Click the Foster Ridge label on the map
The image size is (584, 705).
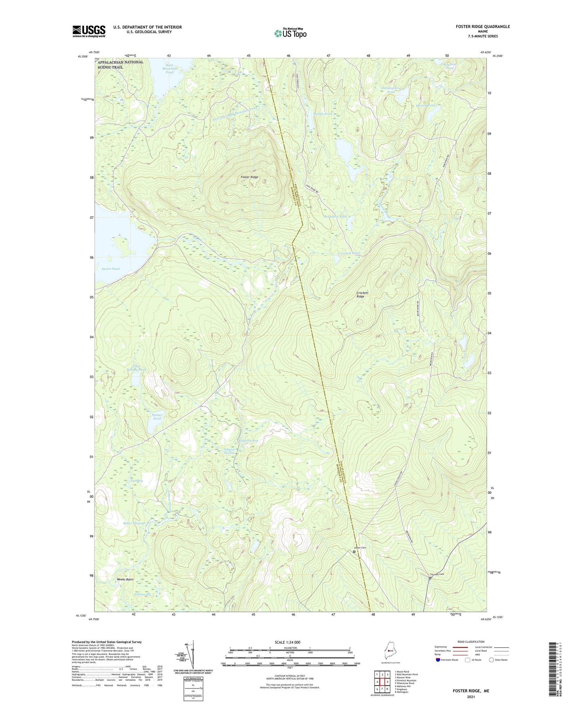[249, 177]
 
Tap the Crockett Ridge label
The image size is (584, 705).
[362, 295]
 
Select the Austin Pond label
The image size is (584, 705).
[110, 269]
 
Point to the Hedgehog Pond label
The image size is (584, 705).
[335, 217]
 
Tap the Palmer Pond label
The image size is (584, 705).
[157, 417]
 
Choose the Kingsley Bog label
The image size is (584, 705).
[248, 441]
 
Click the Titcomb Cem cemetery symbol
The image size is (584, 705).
[430, 578]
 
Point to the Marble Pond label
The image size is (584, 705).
[323, 114]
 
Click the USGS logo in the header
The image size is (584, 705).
[89, 31]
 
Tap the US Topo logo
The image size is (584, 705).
[290, 33]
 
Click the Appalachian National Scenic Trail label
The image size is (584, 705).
[120, 65]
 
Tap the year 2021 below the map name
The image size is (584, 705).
[471, 697]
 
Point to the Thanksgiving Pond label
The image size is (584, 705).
[391, 90]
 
